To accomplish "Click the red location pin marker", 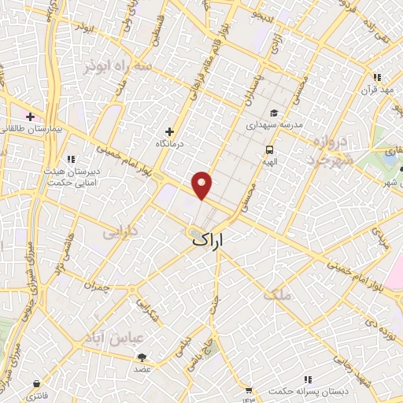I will click(x=203, y=184).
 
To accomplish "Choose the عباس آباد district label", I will click(x=120, y=338).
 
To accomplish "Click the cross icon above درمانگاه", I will click(x=169, y=131).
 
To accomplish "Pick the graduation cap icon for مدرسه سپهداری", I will click(x=273, y=113).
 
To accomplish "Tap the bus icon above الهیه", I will click(x=270, y=149).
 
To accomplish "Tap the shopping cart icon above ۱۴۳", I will click(x=249, y=390).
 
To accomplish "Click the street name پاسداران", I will click(x=246, y=93).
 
